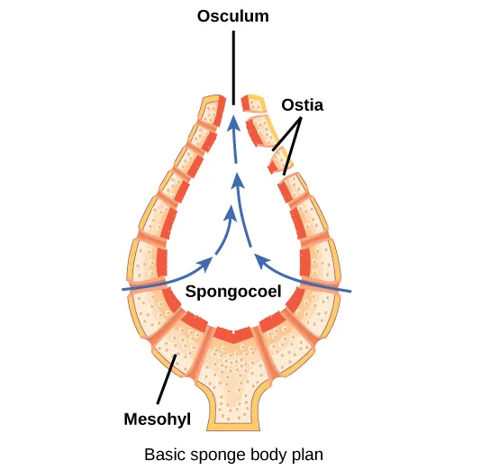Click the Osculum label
coord(233,16)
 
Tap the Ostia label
coord(302,104)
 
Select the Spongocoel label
coord(233,292)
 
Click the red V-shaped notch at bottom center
coord(232,335)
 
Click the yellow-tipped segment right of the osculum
coord(256,103)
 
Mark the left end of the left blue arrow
coord(123,289)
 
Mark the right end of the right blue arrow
coord(349,291)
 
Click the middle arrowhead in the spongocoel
coord(237,178)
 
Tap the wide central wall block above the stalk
coord(232,365)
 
